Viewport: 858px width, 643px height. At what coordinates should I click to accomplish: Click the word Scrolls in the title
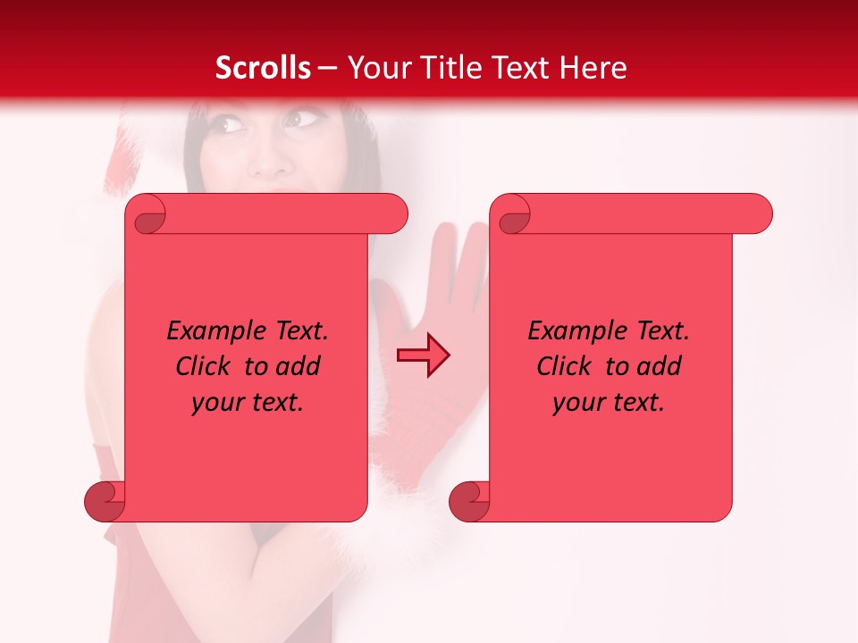point(264,68)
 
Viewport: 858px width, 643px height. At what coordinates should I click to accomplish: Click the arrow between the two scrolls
point(423,355)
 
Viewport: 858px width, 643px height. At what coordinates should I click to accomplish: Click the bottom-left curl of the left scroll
point(105,501)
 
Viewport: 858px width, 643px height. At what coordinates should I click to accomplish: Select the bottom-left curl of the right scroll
point(470,501)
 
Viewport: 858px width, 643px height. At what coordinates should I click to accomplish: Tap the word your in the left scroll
point(215,403)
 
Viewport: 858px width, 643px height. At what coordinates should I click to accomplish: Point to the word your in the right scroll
point(576,403)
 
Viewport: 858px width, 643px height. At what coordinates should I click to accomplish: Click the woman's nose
point(269,161)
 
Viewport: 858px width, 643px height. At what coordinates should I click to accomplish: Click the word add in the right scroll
point(659,366)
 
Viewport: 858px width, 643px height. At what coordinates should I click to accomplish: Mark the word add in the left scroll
point(298,366)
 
